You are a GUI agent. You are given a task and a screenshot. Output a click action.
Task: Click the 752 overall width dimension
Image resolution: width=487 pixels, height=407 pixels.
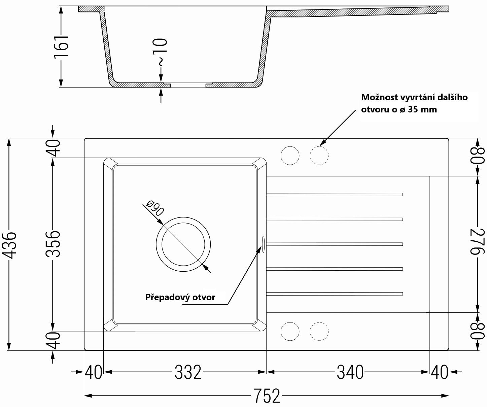[x=267, y=395]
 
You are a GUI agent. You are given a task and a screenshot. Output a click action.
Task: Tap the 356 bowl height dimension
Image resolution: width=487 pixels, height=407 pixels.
[x=53, y=244]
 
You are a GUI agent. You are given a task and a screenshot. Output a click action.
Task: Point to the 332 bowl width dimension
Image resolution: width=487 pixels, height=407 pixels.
[x=188, y=372]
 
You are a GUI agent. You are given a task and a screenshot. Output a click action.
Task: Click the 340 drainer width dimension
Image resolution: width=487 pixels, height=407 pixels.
[x=350, y=372]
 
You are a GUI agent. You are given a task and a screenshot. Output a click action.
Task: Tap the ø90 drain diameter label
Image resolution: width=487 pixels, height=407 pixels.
[x=155, y=208]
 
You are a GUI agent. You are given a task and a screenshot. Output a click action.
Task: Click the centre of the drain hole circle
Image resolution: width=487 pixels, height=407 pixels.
[x=183, y=244]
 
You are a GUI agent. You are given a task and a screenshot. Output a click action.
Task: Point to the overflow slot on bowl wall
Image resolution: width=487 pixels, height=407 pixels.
[x=263, y=244]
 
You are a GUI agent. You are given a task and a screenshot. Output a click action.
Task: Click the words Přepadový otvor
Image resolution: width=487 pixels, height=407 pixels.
[x=180, y=297]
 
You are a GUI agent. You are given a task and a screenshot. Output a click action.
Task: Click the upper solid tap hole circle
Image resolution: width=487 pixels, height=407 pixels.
[x=290, y=156]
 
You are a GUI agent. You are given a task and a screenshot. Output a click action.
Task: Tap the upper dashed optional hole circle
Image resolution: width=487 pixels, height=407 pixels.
[x=319, y=156]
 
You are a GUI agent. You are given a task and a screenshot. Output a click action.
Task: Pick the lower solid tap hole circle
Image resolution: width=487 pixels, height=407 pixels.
[x=290, y=331]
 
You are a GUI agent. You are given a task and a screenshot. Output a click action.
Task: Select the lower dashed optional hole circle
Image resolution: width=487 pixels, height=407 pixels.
[x=319, y=331]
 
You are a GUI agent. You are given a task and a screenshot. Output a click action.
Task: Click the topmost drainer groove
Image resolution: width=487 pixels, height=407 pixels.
[x=335, y=195]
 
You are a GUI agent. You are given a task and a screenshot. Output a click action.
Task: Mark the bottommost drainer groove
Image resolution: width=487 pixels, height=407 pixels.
[x=335, y=294]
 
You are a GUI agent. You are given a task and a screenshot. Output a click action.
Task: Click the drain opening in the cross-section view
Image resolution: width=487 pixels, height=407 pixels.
[x=188, y=85]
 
